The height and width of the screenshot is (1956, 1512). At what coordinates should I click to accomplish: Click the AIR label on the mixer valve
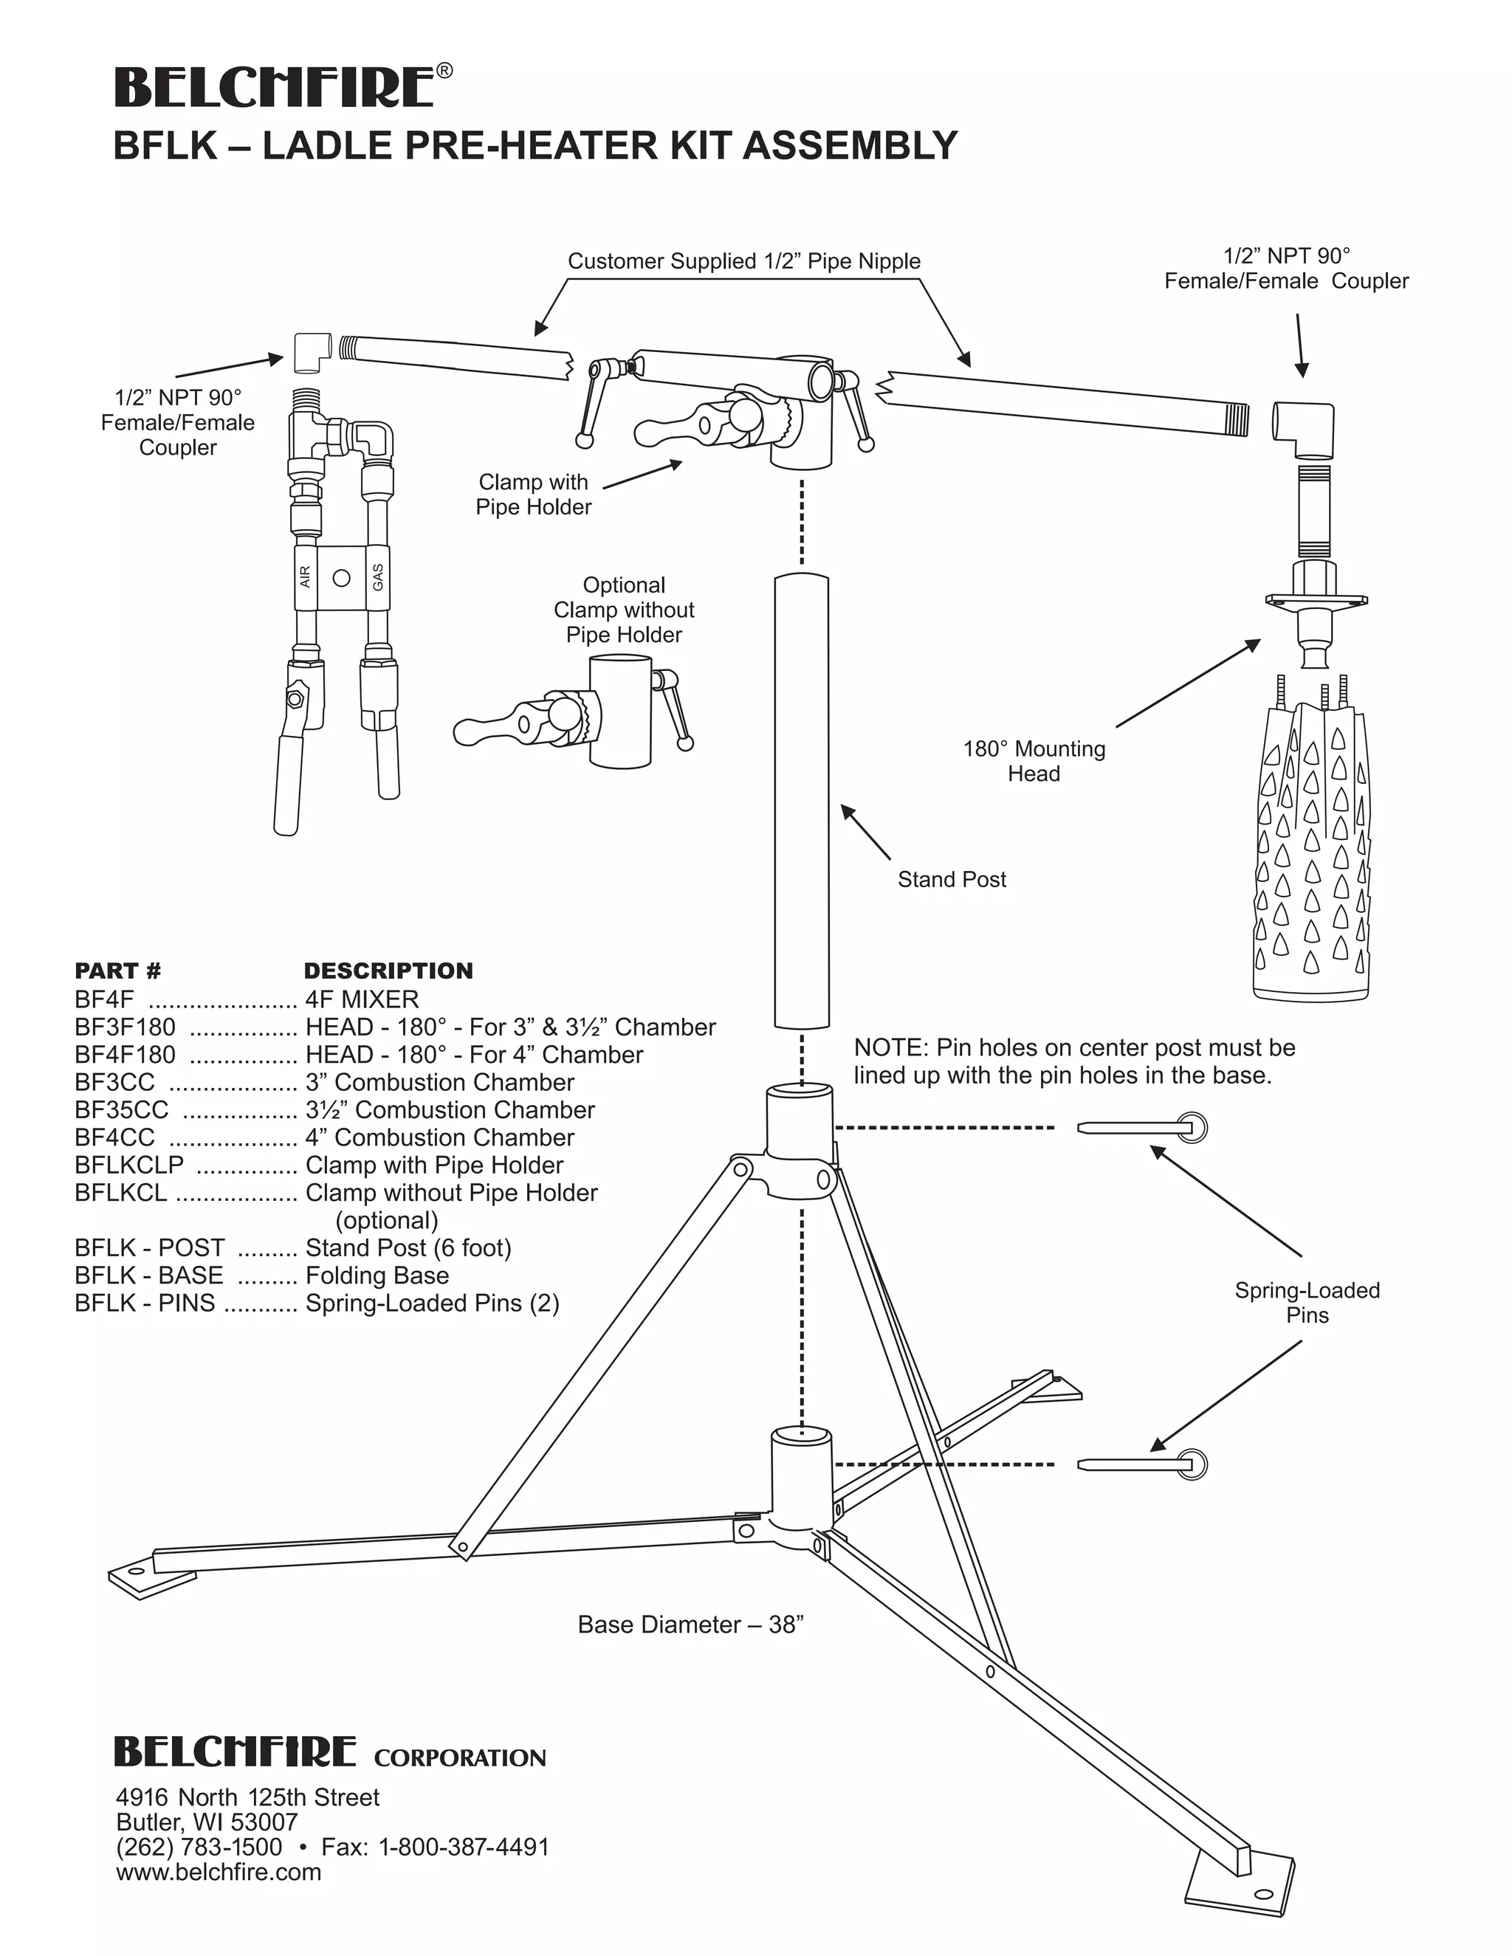pyautogui.click(x=306, y=576)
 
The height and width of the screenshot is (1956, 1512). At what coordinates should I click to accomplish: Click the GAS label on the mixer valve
pyautogui.click(x=378, y=576)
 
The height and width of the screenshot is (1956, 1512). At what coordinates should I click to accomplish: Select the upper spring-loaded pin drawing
pyautogui.click(x=1142, y=1126)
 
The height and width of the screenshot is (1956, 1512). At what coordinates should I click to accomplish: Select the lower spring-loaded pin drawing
pyautogui.click(x=1142, y=1464)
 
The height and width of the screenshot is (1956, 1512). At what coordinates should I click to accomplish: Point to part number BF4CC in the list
pyautogui.click(x=114, y=1137)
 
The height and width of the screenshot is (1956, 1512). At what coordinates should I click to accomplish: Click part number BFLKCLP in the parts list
pyautogui.click(x=129, y=1165)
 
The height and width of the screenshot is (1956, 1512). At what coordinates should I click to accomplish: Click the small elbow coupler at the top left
pyautogui.click(x=312, y=352)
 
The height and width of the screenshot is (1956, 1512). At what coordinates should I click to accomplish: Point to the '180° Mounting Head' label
pyautogui.click(x=1034, y=761)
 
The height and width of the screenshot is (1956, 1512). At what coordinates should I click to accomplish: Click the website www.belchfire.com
pyautogui.click(x=219, y=1872)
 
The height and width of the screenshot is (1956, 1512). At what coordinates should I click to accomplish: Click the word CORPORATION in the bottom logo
pyautogui.click(x=459, y=1758)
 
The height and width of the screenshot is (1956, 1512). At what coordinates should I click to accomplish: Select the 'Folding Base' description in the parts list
pyautogui.click(x=377, y=1275)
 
